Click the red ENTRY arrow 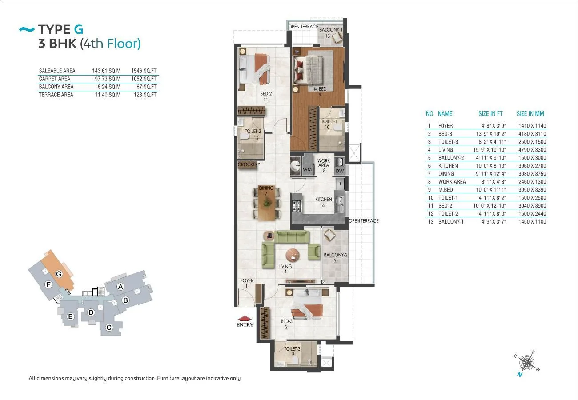[x=245, y=318]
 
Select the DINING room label [x=266, y=188]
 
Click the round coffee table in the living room [x=293, y=256]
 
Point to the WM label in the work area [x=307, y=169]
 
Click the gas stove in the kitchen [x=297, y=206]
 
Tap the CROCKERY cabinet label [x=249, y=164]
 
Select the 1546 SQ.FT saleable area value [x=144, y=71]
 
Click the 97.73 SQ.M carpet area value [x=108, y=79]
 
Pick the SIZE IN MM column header [x=530, y=113]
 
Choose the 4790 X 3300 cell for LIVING [x=532, y=150]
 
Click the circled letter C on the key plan [x=109, y=328]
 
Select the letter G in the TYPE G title [x=79, y=29]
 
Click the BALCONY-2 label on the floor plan [x=335, y=255]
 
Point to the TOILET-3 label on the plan [x=292, y=349]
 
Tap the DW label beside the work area [x=340, y=171]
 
